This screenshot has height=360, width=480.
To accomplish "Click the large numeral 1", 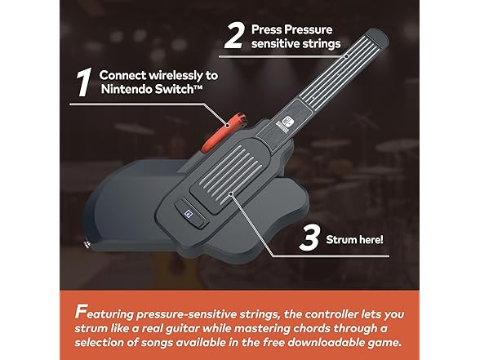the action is coord(84,82).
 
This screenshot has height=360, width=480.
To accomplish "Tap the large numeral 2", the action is coord(235,37).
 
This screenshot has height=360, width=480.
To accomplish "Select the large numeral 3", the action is coord(310,238).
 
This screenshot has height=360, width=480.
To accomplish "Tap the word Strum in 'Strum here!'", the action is coord(340,239).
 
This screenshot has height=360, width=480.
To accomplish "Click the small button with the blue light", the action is coord(192,213).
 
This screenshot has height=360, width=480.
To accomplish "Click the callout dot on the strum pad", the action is coord(231,193).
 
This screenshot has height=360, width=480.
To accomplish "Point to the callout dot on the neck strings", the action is coord(346,56).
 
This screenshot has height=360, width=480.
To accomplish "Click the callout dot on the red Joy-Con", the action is coord(227,125).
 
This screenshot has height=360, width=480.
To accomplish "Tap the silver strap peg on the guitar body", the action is coord(87,244).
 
